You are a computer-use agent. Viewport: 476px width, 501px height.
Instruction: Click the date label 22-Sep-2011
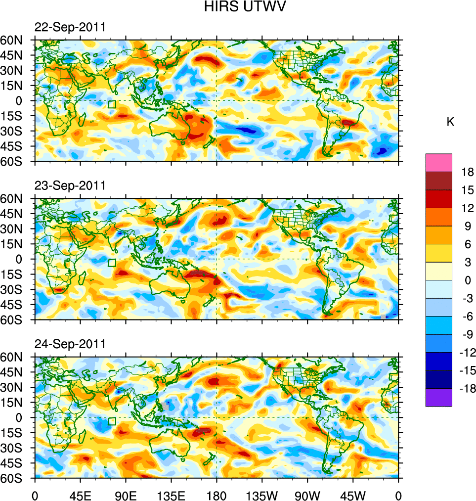(x=70, y=27)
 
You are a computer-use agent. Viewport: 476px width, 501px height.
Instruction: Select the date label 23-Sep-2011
(x=70, y=185)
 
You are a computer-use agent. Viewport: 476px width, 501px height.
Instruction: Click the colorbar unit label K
(x=450, y=122)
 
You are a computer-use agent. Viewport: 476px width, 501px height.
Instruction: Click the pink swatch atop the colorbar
(x=438, y=162)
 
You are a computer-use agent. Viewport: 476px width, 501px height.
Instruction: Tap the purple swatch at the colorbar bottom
(x=438, y=397)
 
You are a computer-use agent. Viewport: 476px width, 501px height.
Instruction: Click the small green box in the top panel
(x=112, y=104)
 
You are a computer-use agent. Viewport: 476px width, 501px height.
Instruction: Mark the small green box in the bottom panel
(x=112, y=421)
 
